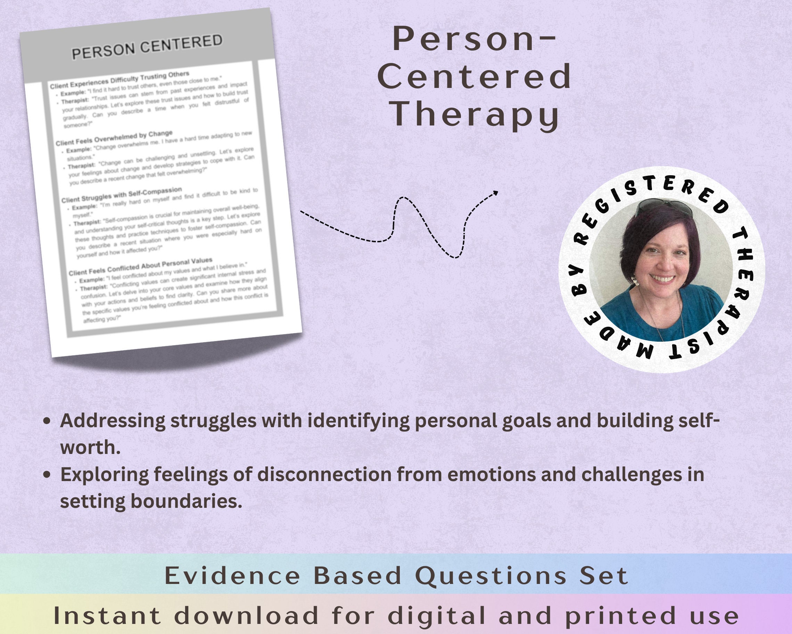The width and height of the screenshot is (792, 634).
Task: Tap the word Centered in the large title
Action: click(x=474, y=76)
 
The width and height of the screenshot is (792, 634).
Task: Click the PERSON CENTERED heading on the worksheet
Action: click(x=147, y=47)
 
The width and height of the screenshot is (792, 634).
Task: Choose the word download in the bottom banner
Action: click(x=246, y=616)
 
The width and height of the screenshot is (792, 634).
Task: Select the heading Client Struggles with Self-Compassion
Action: click(x=121, y=195)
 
